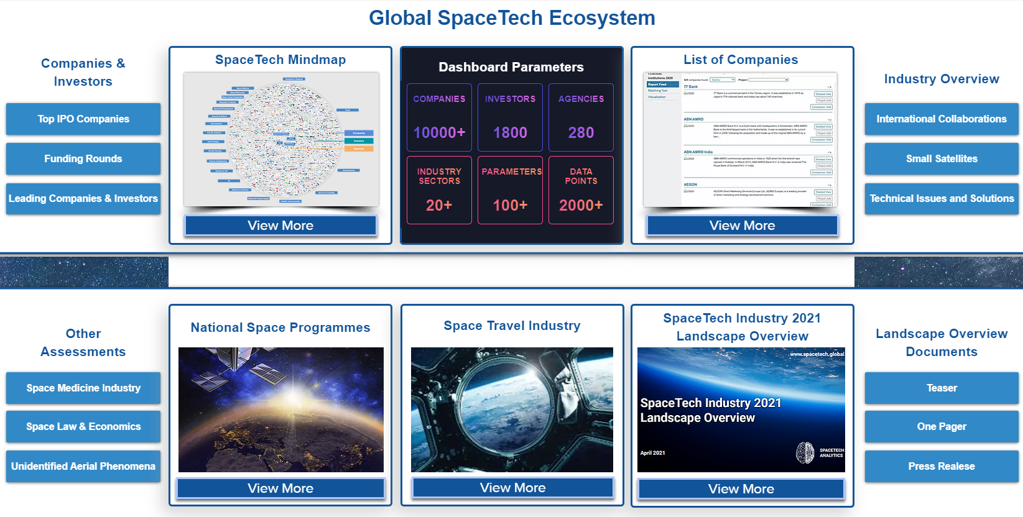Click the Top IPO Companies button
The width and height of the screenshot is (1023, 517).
[x=83, y=119]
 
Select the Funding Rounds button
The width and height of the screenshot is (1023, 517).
[x=83, y=158]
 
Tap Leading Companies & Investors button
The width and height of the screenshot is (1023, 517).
[x=83, y=198]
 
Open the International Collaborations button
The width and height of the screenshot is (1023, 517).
[x=942, y=119]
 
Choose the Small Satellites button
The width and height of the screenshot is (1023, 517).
[x=942, y=158]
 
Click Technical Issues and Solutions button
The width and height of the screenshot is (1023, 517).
[x=942, y=198]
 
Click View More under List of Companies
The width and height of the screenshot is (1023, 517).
[x=742, y=226]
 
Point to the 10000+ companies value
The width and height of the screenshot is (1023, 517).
[x=439, y=132]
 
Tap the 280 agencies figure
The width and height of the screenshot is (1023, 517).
[x=581, y=132]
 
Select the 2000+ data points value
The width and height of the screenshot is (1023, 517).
[x=581, y=205]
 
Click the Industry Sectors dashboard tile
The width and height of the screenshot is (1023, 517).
[x=439, y=190]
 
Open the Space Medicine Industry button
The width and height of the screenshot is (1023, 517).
[x=83, y=388]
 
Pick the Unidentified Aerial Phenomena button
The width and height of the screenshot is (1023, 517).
[x=83, y=466]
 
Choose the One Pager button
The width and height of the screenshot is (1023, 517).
[x=942, y=426]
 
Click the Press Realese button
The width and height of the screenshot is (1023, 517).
[x=942, y=466]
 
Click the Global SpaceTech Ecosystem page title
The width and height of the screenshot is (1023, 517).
[x=512, y=18]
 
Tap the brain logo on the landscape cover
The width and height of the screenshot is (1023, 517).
[x=805, y=452]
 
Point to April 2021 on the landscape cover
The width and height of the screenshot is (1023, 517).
[x=652, y=452]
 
